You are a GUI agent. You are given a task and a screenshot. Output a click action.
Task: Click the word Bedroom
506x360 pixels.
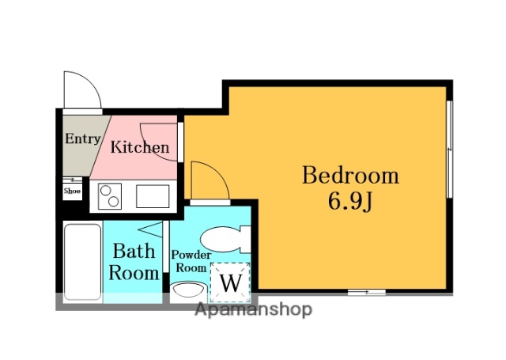pos(350,175)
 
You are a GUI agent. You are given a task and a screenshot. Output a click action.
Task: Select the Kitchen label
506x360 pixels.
pos(140,147)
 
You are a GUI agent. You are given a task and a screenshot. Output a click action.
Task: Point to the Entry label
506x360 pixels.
pos(82,138)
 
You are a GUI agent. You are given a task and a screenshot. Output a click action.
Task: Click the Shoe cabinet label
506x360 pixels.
pos(72,191)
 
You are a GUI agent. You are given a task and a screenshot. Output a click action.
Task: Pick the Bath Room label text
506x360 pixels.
pos(134,262)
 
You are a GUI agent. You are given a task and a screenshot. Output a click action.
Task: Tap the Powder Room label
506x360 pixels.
pos(191,261)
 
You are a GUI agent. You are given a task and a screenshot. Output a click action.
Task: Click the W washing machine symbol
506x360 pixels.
pos(230,282)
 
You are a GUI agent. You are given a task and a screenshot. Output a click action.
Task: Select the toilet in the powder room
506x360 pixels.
pos(225,239)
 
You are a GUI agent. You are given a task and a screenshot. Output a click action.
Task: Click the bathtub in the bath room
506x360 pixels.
pos(82,262)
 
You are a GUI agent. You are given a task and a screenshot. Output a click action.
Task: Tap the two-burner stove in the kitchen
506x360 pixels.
pos(110,196)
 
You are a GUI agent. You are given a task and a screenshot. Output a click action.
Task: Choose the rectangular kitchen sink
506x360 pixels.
pos(153,196)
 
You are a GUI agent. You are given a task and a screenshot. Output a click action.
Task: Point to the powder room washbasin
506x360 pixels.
pos(188,290)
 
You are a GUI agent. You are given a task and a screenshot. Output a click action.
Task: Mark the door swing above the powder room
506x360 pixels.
pos(218,173)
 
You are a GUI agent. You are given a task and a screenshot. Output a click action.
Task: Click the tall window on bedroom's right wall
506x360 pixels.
pos(450,149)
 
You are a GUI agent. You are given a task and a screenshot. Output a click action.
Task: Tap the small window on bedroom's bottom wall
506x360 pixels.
pos(367,293)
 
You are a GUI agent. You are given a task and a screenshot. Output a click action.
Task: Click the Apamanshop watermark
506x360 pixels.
pos(254,310)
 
